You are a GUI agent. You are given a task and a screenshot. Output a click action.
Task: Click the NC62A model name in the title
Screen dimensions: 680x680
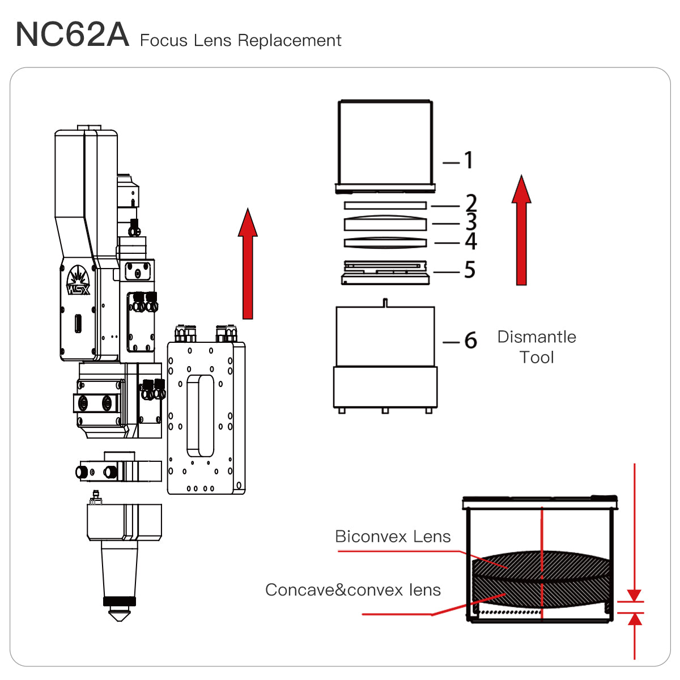click(72, 35)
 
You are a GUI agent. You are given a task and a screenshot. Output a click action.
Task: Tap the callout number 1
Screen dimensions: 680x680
click(469, 161)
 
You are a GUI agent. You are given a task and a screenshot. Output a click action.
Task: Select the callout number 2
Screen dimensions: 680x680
click(471, 203)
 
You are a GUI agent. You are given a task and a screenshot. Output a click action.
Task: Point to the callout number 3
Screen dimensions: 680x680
click(471, 222)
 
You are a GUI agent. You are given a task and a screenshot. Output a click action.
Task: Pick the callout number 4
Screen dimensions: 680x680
click(470, 241)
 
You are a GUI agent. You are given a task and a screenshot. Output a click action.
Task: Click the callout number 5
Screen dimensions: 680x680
click(469, 270)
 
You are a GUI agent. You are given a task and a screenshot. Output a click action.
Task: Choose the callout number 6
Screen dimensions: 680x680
click(470, 341)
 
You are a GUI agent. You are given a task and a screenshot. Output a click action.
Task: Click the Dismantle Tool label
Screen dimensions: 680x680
click(536, 347)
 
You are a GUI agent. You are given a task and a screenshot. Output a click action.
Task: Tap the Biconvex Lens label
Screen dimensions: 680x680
click(393, 537)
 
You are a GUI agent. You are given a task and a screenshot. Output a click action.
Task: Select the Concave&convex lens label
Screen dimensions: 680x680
click(352, 590)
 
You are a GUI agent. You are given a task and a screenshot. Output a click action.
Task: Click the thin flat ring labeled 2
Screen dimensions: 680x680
click(385, 205)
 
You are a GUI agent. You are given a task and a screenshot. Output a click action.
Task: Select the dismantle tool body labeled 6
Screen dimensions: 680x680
click(385, 357)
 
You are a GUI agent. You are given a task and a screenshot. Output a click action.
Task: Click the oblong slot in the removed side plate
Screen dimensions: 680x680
click(200, 415)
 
